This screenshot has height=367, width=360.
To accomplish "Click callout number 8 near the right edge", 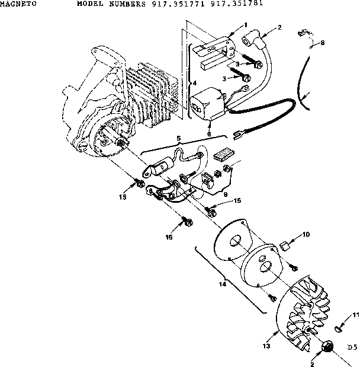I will [323, 43].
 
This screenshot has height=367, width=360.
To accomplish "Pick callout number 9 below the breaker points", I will [225, 193].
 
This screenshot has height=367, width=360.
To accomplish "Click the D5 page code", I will [352, 347].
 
